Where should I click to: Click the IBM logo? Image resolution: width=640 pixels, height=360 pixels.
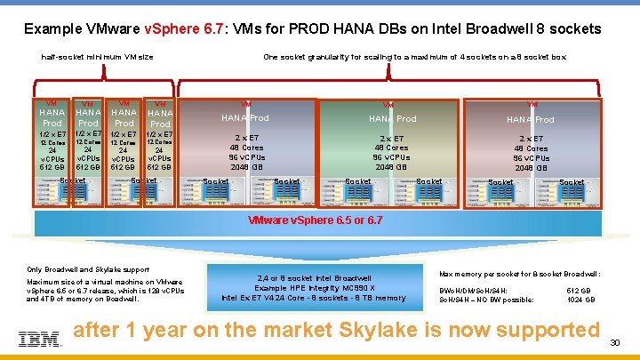click(x=39, y=339)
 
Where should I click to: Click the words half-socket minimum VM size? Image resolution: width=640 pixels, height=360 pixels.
click(x=98, y=57)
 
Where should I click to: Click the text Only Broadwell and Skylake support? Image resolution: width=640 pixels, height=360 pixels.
click(x=87, y=268)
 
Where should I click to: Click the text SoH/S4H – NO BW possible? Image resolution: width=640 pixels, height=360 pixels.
click(x=486, y=300)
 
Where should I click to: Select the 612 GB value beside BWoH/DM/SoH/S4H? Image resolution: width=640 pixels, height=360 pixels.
click(x=578, y=290)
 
